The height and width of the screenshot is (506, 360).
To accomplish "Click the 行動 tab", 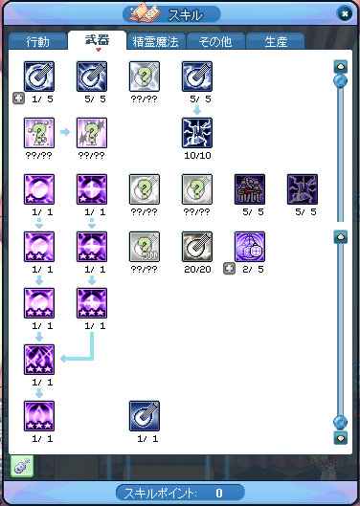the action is click(38, 41).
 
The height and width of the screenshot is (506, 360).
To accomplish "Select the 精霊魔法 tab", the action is click(156, 41).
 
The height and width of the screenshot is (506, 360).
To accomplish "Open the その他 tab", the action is click(215, 41).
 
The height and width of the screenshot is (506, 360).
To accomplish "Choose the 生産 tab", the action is click(276, 41).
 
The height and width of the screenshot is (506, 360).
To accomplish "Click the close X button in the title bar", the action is click(345, 14).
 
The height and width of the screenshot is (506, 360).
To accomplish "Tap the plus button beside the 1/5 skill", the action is click(18, 99).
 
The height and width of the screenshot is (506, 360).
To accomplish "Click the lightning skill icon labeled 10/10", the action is click(197, 133).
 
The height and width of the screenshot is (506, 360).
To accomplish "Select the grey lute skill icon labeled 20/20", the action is click(197, 247).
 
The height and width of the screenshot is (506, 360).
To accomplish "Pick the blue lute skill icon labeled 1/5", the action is click(39, 77).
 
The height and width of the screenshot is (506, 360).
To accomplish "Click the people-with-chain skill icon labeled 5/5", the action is click(250, 189).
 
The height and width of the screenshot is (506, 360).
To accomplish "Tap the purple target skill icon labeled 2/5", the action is click(250, 247).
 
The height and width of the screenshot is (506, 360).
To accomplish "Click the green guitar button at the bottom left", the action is click(22, 466).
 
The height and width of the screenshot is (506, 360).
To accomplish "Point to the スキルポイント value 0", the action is click(219, 494).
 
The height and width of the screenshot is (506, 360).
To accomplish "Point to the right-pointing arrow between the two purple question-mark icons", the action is click(65, 132).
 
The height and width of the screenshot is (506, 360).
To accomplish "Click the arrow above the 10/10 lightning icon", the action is click(197, 110).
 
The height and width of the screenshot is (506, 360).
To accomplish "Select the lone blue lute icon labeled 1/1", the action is click(145, 416).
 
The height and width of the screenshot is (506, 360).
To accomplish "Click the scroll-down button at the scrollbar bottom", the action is click(340, 438).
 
